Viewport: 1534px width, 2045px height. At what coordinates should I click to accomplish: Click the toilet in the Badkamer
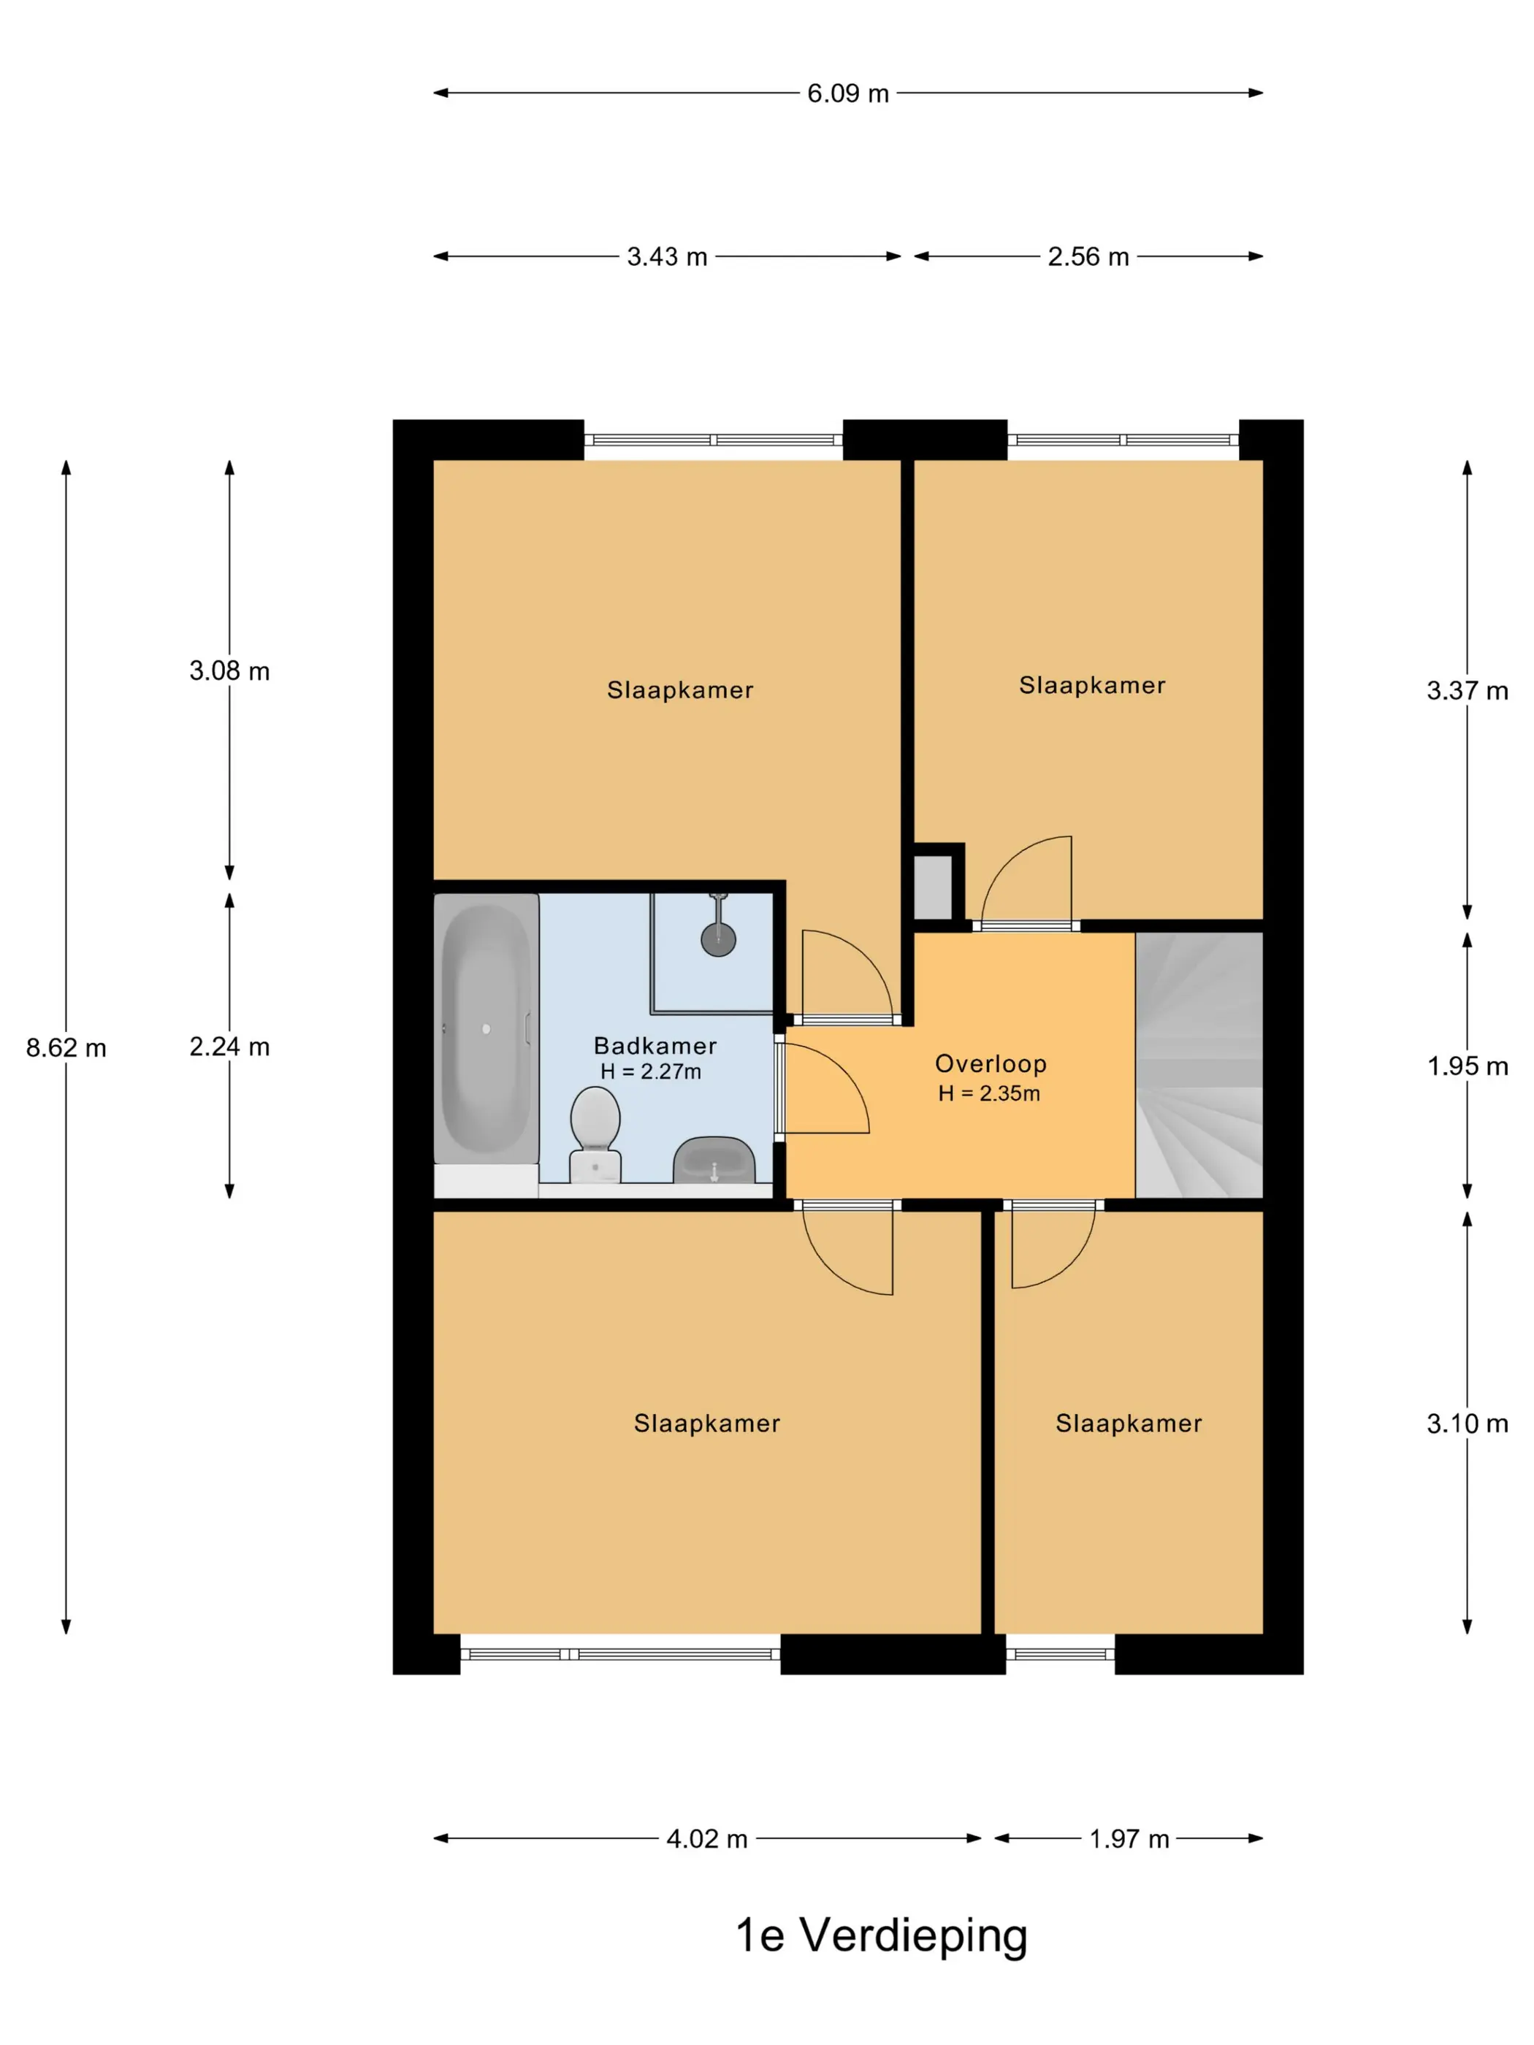595,1134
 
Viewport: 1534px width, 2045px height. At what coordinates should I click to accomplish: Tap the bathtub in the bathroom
486,1028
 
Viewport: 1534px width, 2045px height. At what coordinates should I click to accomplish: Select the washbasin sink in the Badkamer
714,1161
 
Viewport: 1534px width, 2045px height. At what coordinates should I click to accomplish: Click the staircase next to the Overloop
1199,1065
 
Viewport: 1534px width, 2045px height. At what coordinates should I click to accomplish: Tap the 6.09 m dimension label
848,93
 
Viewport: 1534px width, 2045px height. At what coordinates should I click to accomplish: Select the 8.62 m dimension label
66,1047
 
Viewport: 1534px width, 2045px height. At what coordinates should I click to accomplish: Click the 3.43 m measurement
667,256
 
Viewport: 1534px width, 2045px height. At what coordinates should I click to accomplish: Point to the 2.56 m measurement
1088,256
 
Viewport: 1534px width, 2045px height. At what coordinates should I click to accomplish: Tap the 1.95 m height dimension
1468,1066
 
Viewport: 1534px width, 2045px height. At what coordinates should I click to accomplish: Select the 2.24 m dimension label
229,1047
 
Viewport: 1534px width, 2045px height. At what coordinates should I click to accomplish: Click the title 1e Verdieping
881,1935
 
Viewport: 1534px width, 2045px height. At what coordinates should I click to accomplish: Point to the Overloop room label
991,1064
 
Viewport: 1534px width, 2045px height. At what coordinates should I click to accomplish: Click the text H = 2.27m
651,1071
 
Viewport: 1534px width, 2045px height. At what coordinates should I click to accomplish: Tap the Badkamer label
655,1046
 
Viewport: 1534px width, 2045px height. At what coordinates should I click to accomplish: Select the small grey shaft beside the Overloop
933,887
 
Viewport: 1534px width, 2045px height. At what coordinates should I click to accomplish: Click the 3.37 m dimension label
1468,691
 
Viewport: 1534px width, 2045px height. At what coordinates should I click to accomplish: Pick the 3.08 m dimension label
229,670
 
